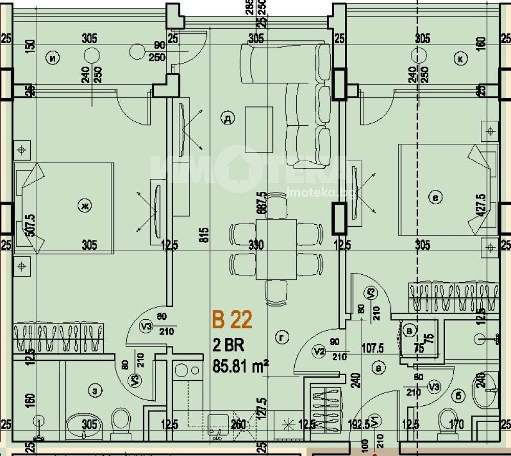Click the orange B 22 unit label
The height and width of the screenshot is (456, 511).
coord(233,320)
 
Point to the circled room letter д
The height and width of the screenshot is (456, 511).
coord(227,119)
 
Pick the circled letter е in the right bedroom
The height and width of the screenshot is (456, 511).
coord(436,197)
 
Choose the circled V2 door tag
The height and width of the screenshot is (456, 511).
coord(319,351)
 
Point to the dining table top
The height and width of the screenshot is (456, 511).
coord(276,249)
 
